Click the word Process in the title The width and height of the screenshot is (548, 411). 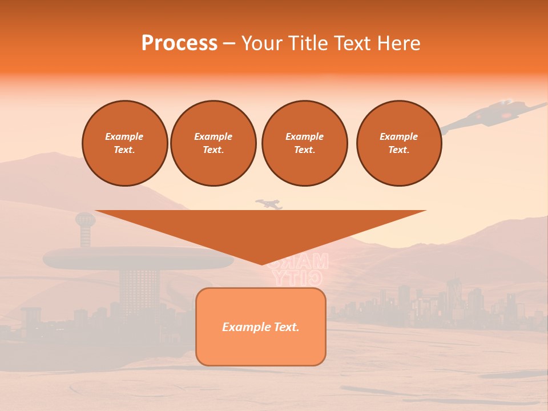179,43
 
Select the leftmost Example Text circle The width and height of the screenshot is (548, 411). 125,143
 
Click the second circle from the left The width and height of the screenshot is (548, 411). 213,143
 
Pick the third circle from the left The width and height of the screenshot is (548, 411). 305,143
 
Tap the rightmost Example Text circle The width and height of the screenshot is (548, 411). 399,143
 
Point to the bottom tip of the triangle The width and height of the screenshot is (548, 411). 261,263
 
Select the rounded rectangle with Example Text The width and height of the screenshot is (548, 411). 261,327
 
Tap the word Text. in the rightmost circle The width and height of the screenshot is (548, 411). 399,150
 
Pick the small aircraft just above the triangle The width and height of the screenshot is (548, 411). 269,204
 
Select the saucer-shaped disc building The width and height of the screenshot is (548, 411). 138,258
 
